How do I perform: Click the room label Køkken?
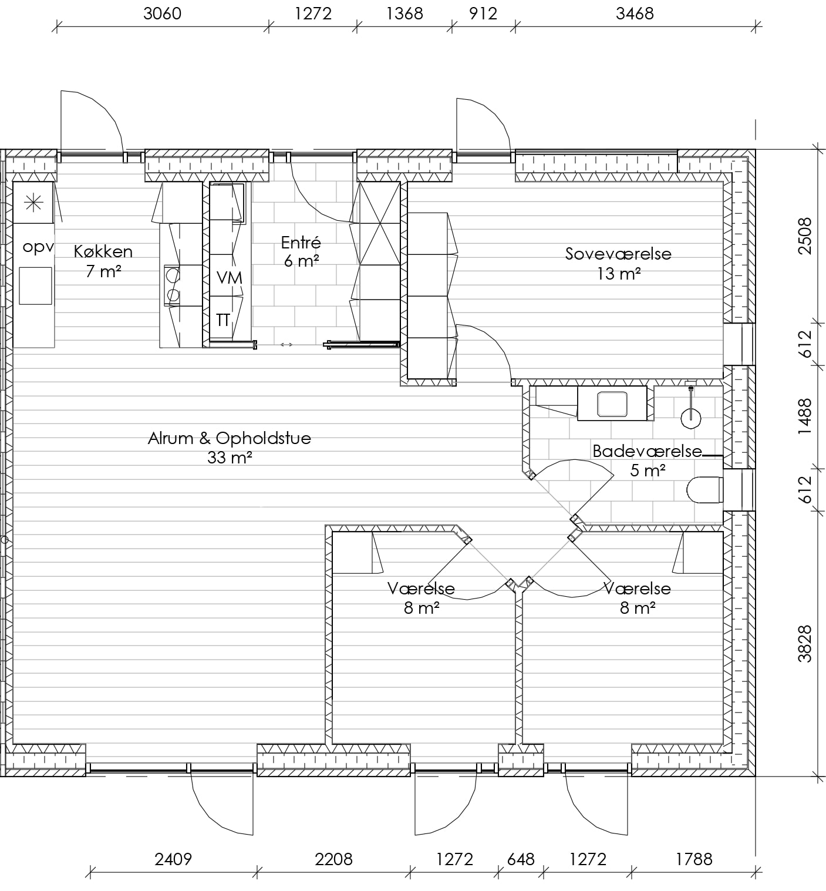pyautogui.click(x=103, y=251)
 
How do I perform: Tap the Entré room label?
pyautogui.click(x=301, y=242)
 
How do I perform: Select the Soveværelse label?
pyautogui.click(x=618, y=254)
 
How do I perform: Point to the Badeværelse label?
pyautogui.click(x=647, y=451)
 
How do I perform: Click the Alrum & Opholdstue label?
pyautogui.click(x=229, y=438)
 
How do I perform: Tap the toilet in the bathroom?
pyautogui.click(x=704, y=489)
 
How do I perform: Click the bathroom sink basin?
pyautogui.click(x=612, y=404)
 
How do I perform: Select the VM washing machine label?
pyautogui.click(x=229, y=278)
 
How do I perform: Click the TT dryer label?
pyautogui.click(x=223, y=320)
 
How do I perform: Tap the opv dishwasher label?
pyautogui.click(x=38, y=247)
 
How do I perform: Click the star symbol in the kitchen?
pyautogui.click(x=33, y=203)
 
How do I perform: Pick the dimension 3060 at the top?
pyautogui.click(x=163, y=14)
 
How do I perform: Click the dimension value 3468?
pyautogui.click(x=635, y=14)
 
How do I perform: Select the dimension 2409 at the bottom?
pyautogui.click(x=173, y=859)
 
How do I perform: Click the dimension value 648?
pyautogui.click(x=521, y=859)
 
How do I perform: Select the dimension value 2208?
pyautogui.click(x=333, y=859)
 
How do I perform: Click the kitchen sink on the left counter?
pyautogui.click(x=35, y=286)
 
